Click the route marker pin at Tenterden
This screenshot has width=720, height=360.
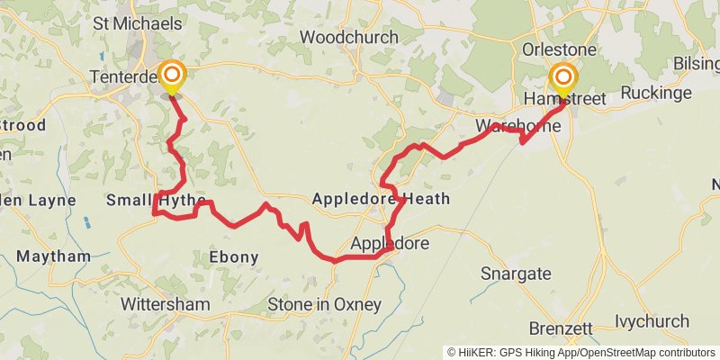click(x=170, y=76)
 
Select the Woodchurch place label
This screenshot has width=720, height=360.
click(x=348, y=38)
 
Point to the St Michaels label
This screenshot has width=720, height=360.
click(x=137, y=24)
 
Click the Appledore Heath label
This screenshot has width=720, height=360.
click(x=381, y=199)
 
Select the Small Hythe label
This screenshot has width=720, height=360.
click(x=156, y=200)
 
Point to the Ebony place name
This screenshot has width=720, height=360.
click(x=234, y=257)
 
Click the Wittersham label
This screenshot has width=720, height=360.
click(x=165, y=304)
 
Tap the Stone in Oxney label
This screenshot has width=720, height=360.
click(x=324, y=304)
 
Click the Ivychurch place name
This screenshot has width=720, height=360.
click(x=652, y=321)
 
